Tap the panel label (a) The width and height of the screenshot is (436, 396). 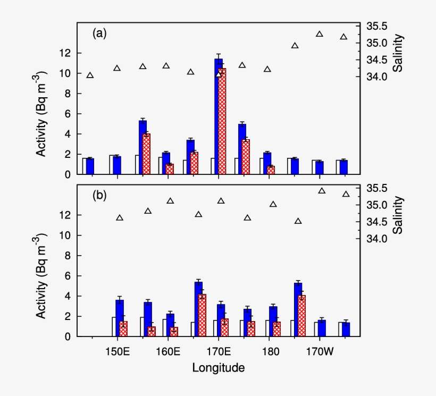99,33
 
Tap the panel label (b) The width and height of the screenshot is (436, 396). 99,195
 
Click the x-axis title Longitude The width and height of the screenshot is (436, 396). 219,367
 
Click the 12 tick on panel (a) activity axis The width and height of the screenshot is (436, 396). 64,53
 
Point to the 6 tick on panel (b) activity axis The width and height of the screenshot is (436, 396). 67,276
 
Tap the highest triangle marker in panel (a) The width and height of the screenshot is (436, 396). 320,34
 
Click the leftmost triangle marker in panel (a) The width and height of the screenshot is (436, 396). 90,75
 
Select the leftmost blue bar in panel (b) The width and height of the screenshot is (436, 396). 120,318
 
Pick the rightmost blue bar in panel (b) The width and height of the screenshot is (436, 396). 346,329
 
